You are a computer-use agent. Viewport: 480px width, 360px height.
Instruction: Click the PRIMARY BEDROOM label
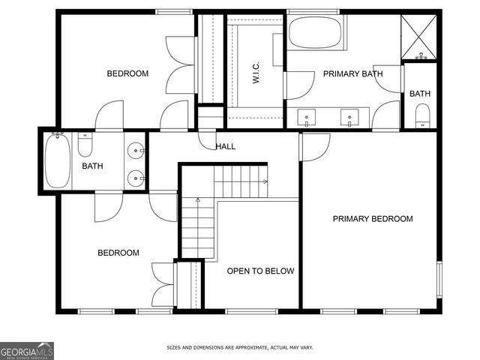click(x=373, y=219)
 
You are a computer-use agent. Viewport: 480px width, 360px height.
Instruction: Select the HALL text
click(x=225, y=146)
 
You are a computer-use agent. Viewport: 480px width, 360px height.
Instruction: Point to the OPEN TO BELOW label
click(x=260, y=271)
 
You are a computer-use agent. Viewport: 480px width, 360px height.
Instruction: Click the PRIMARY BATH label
click(x=352, y=74)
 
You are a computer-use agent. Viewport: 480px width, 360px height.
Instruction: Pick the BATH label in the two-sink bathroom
click(x=92, y=166)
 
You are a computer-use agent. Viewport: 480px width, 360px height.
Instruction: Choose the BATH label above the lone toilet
click(x=419, y=94)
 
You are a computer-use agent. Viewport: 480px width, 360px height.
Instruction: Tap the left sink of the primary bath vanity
click(x=307, y=118)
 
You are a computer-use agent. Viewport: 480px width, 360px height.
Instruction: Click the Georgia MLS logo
click(x=27, y=351)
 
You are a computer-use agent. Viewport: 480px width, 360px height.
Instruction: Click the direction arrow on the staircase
click(x=198, y=201)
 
